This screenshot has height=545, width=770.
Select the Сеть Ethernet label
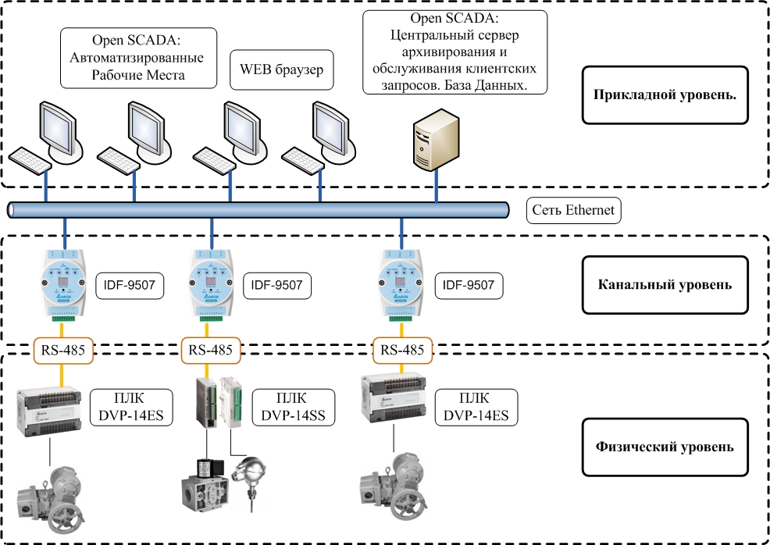click(x=573, y=210)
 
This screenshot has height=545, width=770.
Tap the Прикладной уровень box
click(x=665, y=94)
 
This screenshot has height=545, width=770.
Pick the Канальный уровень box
click(x=665, y=284)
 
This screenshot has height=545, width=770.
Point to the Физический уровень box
click(x=665, y=447)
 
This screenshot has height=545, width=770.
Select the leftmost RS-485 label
click(x=62, y=350)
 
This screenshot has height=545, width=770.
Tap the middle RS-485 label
click(x=211, y=350)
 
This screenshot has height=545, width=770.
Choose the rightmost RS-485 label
click(x=403, y=350)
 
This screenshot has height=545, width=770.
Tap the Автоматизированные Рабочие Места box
click(x=137, y=59)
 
